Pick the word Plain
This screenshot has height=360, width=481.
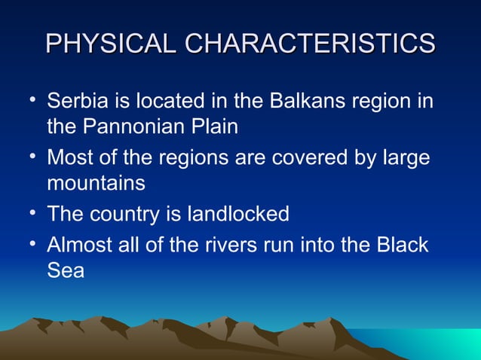pyautogui.click(x=215, y=127)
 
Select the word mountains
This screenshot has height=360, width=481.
pyautogui.click(x=96, y=183)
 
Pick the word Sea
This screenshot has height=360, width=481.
pyautogui.click(x=66, y=271)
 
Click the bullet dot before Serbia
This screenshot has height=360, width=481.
pyautogui.click(x=30, y=99)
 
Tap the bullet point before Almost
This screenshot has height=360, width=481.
pyautogui.click(x=30, y=244)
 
